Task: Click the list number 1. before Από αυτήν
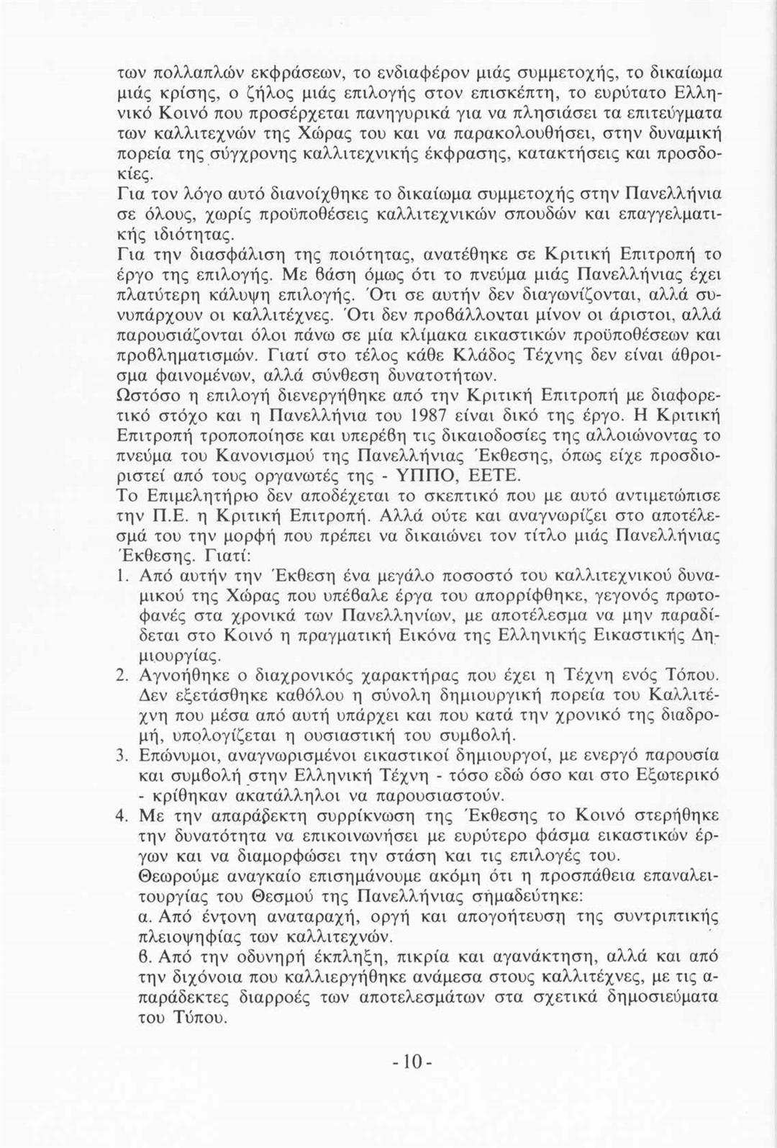tap(122, 576)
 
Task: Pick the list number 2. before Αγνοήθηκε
tap(122, 676)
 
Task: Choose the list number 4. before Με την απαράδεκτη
tap(122, 816)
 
